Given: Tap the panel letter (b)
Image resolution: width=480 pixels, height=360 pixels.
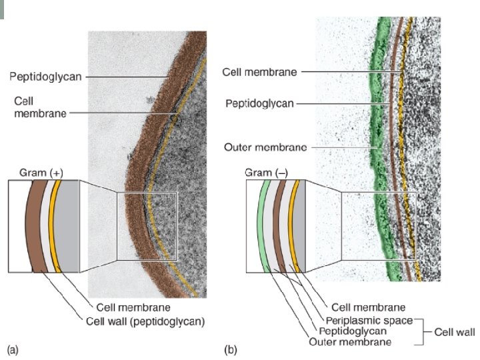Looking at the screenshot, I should click(x=230, y=349).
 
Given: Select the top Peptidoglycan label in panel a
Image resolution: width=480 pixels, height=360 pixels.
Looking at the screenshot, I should click(x=45, y=77).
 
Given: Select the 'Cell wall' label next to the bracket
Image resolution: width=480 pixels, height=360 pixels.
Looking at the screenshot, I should click(x=455, y=331).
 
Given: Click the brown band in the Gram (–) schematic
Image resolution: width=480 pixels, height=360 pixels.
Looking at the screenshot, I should click(x=281, y=227).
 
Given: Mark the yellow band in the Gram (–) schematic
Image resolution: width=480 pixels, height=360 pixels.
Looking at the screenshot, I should click(x=295, y=227).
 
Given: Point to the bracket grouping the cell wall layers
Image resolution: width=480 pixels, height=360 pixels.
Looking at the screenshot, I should click(x=423, y=331).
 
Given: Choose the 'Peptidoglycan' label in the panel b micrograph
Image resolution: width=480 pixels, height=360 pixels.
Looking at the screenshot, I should click(x=260, y=104).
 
